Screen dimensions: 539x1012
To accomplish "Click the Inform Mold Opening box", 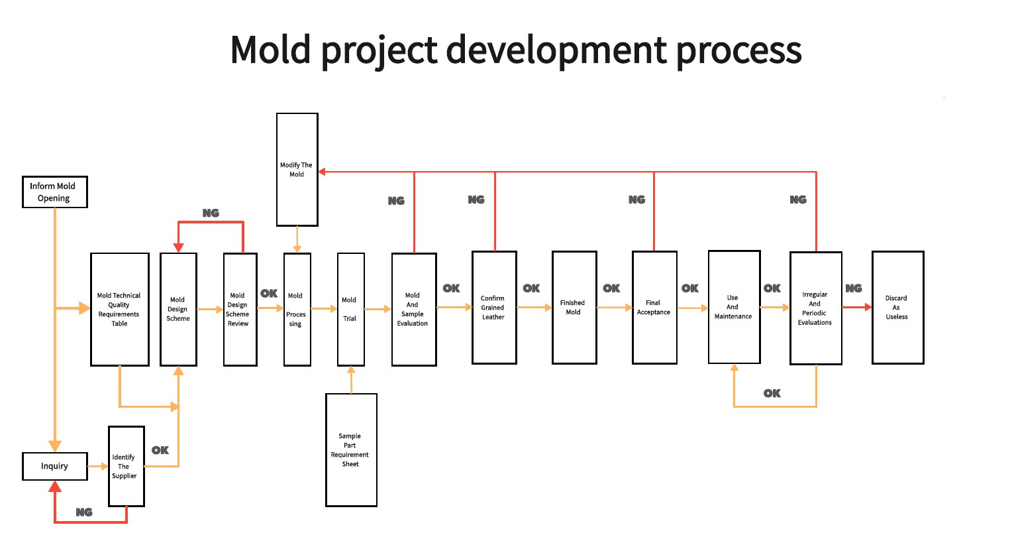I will click(55, 192).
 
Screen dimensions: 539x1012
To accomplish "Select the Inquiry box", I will click(55, 466).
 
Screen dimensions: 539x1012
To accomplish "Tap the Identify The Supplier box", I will click(126, 466).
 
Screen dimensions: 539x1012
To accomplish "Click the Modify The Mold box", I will click(297, 170).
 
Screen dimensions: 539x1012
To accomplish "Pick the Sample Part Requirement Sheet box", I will click(351, 450).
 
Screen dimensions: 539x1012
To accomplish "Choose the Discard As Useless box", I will click(897, 308).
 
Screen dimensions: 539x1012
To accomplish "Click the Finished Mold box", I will click(574, 308).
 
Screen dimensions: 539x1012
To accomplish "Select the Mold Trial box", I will click(350, 309).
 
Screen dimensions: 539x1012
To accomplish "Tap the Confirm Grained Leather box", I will click(494, 308).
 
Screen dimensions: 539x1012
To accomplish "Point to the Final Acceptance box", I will click(654, 308).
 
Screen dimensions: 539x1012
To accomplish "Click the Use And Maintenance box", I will click(734, 307).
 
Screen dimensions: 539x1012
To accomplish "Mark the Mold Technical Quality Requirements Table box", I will click(119, 310).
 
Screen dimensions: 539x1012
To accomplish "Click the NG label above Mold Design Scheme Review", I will click(211, 213).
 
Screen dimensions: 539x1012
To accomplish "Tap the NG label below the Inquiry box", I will click(84, 512).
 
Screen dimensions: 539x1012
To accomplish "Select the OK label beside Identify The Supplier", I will click(160, 450).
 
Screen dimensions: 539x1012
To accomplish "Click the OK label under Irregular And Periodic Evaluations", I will click(772, 393).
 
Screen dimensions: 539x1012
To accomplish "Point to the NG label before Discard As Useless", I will click(854, 288).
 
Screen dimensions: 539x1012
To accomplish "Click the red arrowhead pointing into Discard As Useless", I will click(867, 307).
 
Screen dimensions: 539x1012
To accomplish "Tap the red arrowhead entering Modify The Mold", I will click(323, 172).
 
